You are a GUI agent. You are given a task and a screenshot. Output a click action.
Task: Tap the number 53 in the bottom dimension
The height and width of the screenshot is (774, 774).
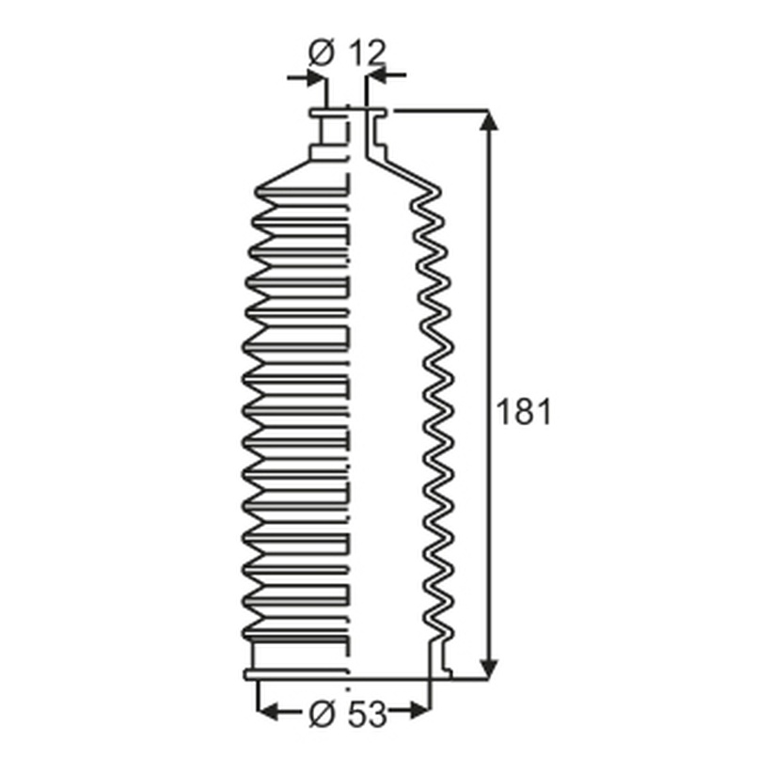pos(368,714)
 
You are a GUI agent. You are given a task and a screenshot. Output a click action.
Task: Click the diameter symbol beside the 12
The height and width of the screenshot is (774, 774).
pos(322,53)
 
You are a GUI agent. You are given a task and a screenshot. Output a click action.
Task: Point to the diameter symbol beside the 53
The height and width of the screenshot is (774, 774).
pos(322,714)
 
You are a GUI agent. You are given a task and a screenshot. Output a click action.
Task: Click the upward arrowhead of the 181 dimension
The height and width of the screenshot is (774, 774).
pos(489,120)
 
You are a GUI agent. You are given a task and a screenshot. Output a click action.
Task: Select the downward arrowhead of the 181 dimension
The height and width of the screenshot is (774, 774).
pos(489,670)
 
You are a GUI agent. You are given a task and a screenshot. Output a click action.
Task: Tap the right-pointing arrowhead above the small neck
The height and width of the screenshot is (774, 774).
pos(316,77)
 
